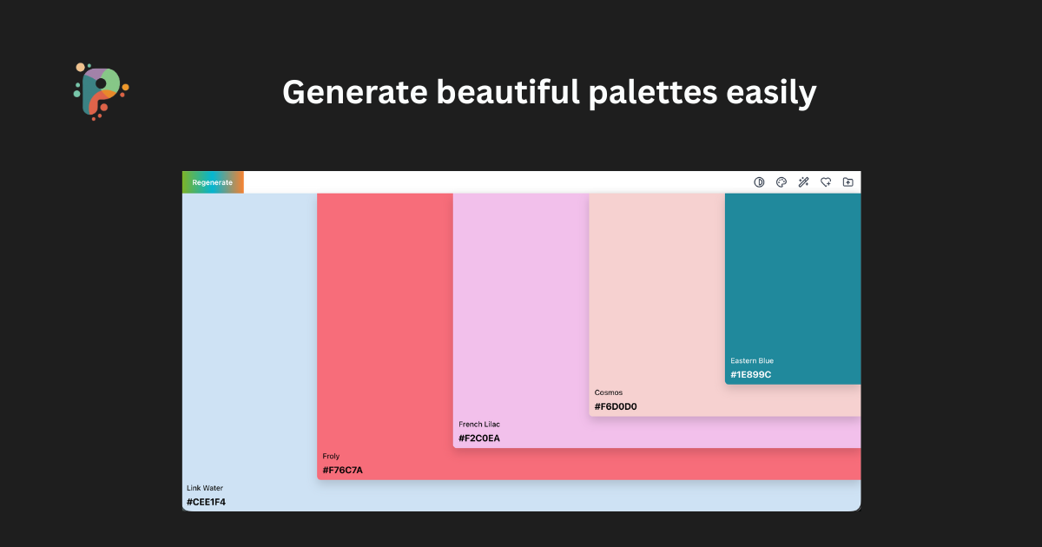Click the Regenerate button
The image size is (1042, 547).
[x=213, y=182]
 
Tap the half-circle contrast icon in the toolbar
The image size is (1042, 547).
[x=759, y=182]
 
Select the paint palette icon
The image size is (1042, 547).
[x=781, y=182]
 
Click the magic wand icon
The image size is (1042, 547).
[x=804, y=182]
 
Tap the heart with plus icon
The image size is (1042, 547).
[x=826, y=182]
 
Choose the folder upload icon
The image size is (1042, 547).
[x=848, y=182]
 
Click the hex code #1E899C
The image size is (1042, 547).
[x=751, y=375]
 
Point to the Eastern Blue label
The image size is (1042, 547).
[x=752, y=361]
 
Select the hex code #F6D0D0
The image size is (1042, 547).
[x=616, y=406]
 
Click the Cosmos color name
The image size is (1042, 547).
[x=609, y=392]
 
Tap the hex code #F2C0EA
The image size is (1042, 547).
[x=479, y=438]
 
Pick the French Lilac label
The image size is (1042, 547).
[x=479, y=425]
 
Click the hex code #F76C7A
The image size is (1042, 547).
[x=343, y=471]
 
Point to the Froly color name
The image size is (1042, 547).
[x=331, y=457]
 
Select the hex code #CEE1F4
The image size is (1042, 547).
[x=207, y=502]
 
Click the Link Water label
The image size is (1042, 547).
[x=205, y=488]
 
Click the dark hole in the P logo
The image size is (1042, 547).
[x=101, y=83]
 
